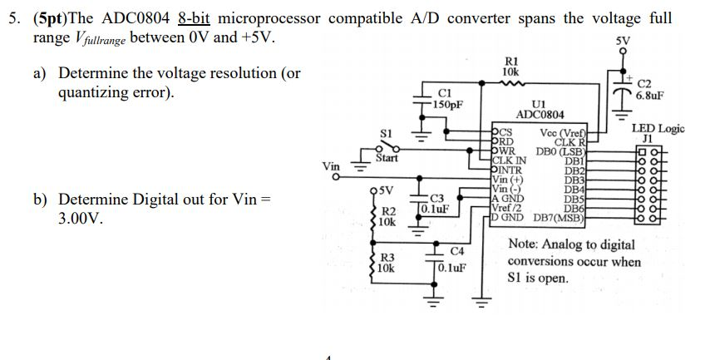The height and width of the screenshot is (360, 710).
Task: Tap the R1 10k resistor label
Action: (511, 67)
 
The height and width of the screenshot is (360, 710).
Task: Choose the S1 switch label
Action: (385, 132)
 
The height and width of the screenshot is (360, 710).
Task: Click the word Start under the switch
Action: (387, 157)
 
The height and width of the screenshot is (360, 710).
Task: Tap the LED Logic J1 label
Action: (658, 133)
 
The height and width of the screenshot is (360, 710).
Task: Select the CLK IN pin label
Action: (509, 160)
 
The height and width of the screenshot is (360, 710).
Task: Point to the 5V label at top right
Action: (623, 41)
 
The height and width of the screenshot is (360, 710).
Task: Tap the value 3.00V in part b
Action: (79, 222)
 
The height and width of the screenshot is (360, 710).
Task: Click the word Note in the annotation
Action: (525, 244)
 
